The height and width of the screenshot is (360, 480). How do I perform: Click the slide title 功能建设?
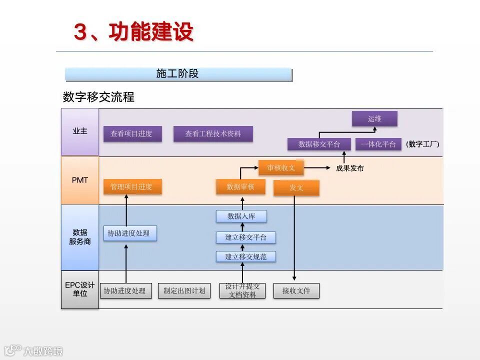pos(133,32)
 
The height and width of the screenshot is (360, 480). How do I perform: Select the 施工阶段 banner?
pos(178,74)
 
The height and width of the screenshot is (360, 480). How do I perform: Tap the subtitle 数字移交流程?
pos(98,97)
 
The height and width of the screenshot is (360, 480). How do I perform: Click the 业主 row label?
pos(80,131)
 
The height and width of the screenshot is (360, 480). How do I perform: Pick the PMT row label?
pos(80,180)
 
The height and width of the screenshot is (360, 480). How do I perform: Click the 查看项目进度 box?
pos(132,134)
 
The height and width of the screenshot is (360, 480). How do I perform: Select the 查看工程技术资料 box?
pos(213,134)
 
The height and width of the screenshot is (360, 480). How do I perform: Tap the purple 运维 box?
pos(374,119)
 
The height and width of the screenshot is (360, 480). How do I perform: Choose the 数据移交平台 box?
pos(319,144)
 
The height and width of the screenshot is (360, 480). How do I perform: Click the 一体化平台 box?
pos(378,144)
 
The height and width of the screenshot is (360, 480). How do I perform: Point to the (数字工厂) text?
pos(422,144)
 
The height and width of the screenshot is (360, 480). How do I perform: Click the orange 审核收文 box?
pos(281,167)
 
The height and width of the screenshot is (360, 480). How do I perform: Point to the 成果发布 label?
pos(350,168)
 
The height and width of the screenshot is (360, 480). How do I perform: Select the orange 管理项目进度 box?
pos(132,187)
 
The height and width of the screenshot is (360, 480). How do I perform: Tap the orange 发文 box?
pos(296,188)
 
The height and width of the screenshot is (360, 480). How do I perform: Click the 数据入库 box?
pos(241,216)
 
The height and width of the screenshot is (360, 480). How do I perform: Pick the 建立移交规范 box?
pos(246,256)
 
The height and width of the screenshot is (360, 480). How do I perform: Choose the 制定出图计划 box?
pos(184,290)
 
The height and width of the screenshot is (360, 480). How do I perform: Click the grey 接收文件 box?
pos(296,290)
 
